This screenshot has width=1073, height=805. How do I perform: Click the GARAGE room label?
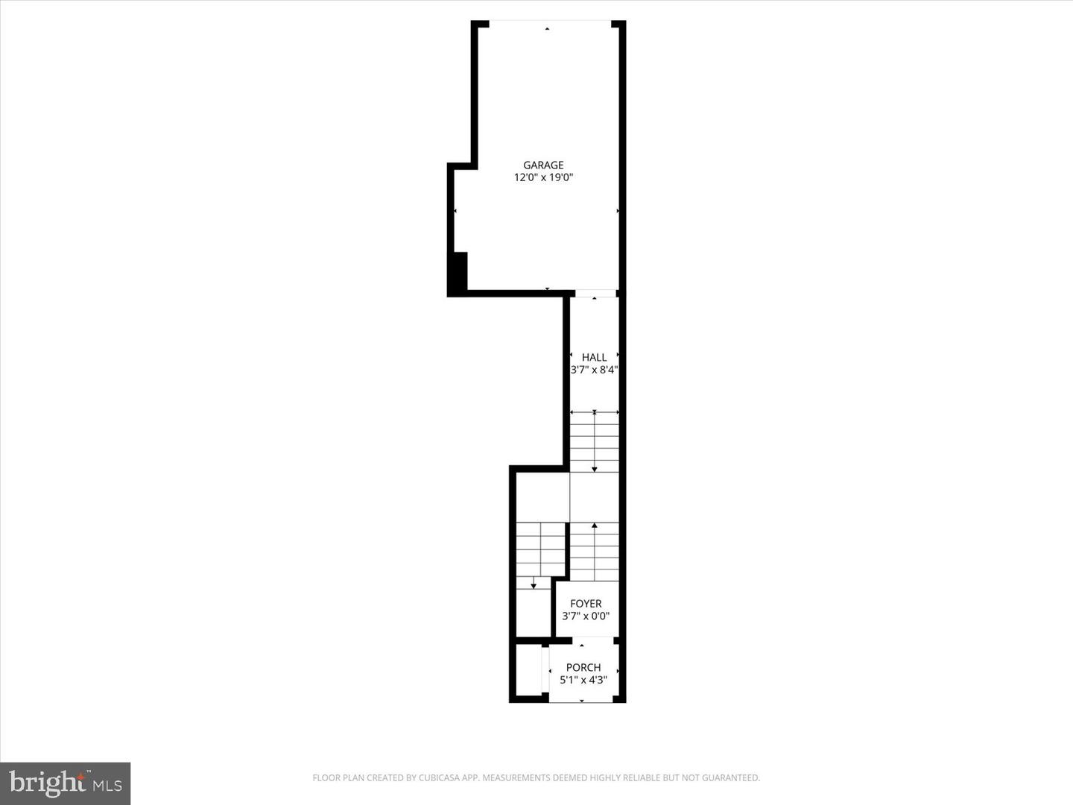click(543, 165)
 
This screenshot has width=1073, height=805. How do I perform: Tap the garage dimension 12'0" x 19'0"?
click(543, 177)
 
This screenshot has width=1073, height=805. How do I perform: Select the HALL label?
click(594, 357)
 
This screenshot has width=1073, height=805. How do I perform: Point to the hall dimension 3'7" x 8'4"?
click(594, 369)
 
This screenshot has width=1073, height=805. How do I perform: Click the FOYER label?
click(586, 604)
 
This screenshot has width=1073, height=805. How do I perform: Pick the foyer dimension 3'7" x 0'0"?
click(586, 616)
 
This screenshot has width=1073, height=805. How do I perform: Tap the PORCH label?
click(583, 667)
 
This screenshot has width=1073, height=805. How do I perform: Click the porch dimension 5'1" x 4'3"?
click(583, 680)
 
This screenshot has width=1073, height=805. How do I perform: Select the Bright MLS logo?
click(66, 783)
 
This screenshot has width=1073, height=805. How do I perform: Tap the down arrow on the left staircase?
click(534, 585)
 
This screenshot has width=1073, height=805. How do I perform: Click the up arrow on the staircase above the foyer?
click(594, 527)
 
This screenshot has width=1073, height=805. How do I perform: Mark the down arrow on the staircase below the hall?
click(594, 468)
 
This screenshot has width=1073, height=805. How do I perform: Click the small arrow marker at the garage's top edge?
click(548, 28)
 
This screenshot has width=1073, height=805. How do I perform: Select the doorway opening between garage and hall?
click(595, 293)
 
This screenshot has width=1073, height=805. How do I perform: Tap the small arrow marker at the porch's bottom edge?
click(582, 701)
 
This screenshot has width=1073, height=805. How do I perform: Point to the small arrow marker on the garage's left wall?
click(455, 212)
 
